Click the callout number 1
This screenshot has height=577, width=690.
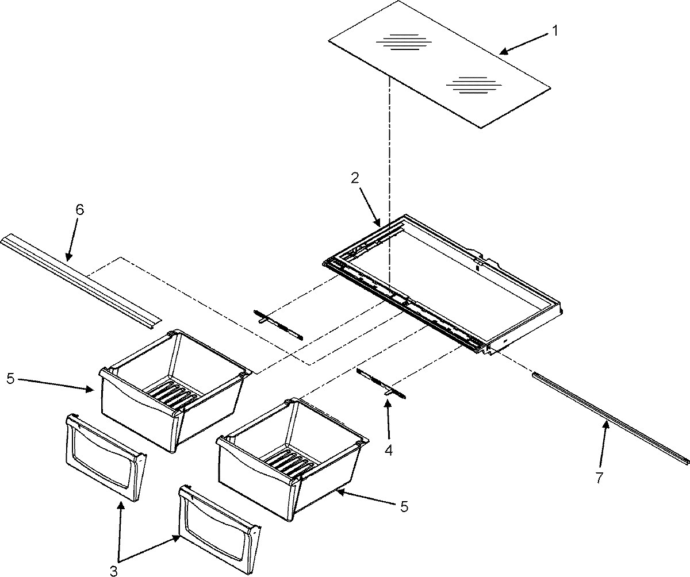(554, 32)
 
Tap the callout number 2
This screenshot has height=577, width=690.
(355, 179)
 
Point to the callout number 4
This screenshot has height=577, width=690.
(389, 451)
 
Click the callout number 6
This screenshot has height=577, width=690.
(79, 210)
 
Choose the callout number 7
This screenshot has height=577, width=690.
(600, 477)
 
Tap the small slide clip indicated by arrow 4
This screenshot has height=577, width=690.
(381, 383)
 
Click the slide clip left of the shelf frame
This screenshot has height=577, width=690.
(278, 325)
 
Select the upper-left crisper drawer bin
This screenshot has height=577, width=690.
(172, 385)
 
